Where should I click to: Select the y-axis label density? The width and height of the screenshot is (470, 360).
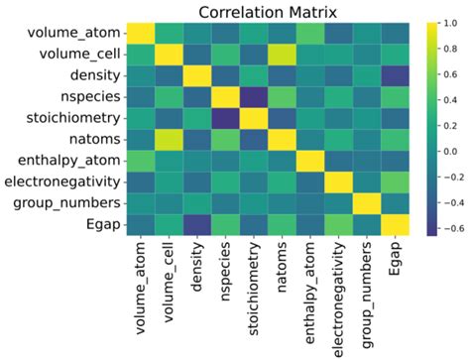pyautogui.click(x=95, y=75)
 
